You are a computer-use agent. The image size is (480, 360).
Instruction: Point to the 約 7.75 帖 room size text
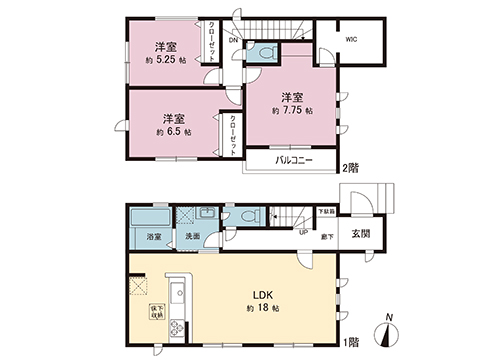pyautogui.click(x=292, y=110)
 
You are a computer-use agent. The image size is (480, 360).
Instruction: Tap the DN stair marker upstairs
pyautogui.click(x=232, y=42)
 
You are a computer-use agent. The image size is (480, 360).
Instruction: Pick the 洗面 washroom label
pyautogui.click(x=191, y=238)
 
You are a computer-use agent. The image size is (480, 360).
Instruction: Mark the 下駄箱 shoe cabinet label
pyautogui.click(x=326, y=212)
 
